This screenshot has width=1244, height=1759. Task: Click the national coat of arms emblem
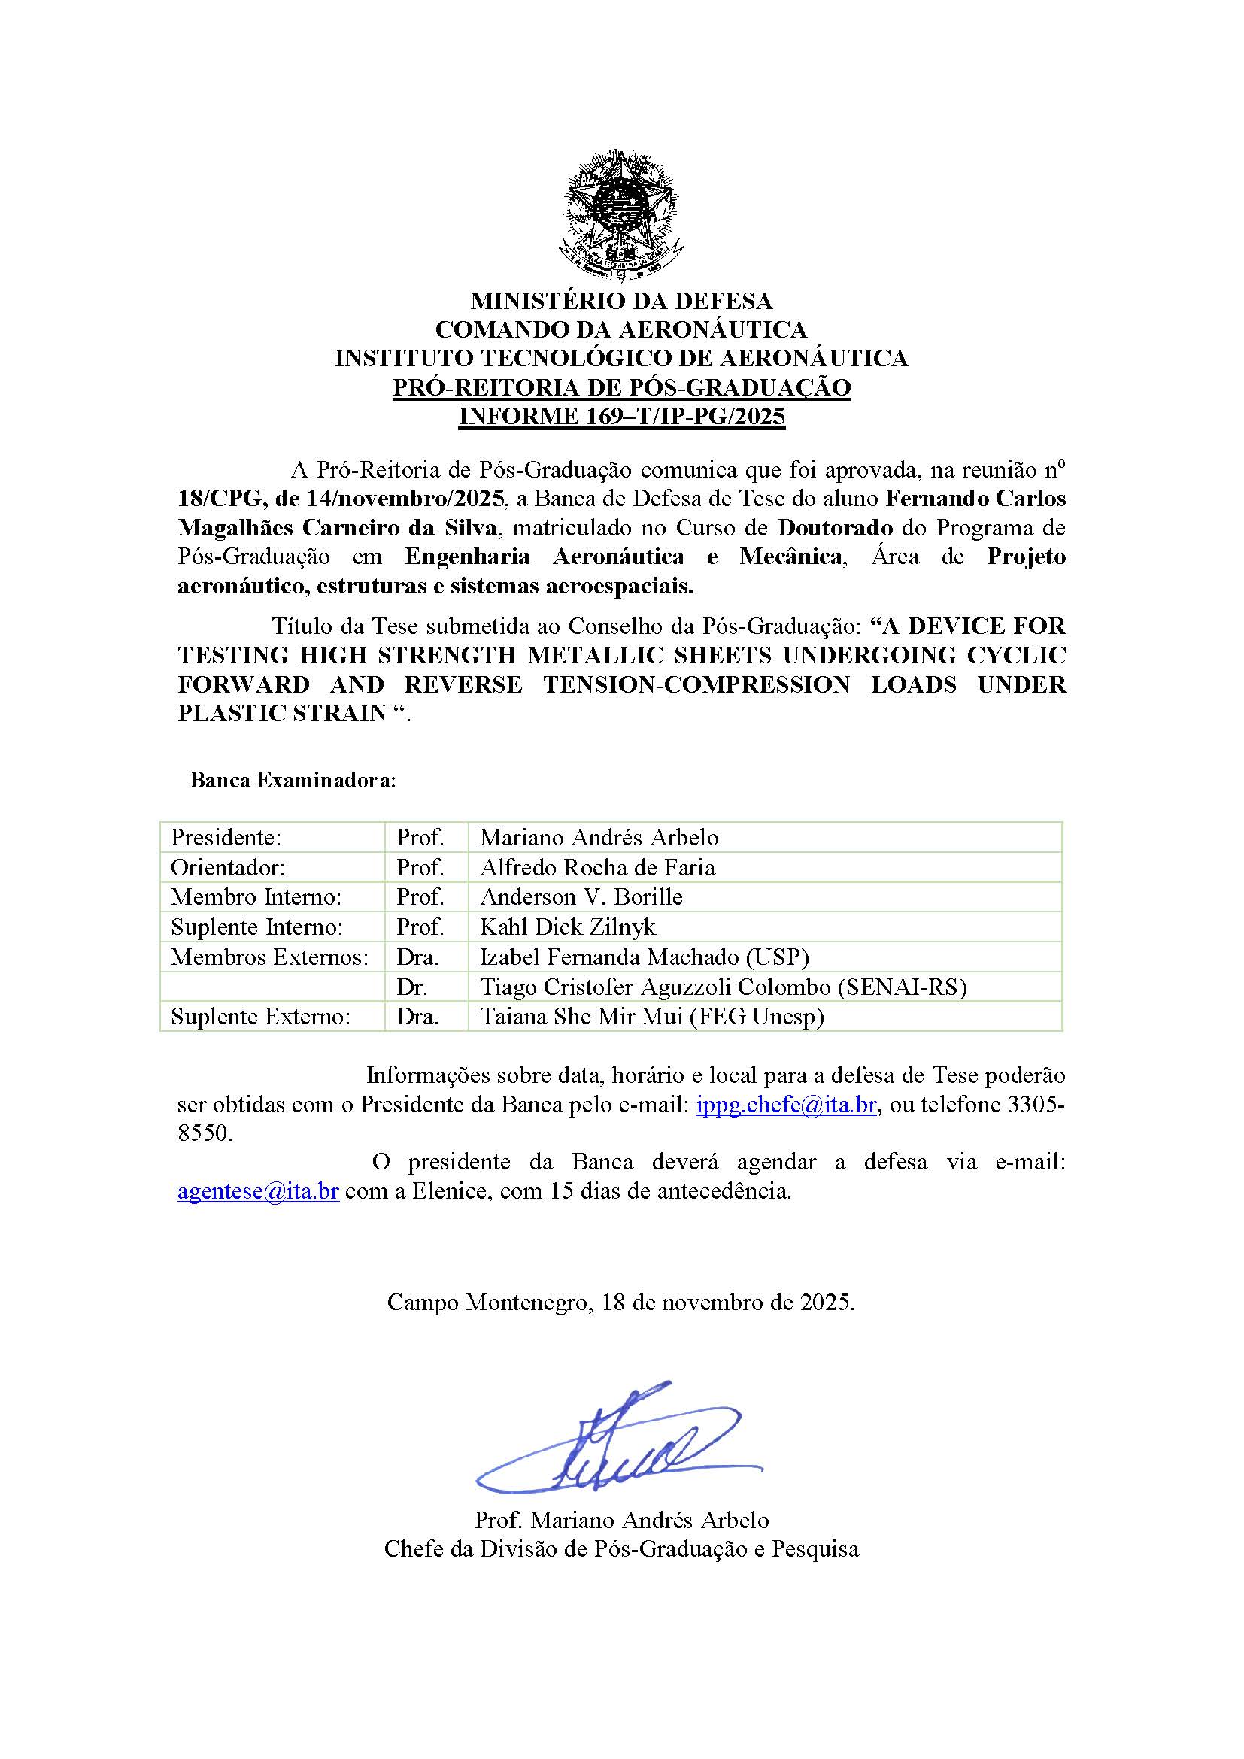click(x=621, y=214)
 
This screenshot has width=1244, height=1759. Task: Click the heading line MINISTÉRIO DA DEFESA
click(x=621, y=300)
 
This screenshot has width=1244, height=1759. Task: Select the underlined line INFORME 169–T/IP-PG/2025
click(x=621, y=417)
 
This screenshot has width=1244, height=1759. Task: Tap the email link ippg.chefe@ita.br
click(x=786, y=1105)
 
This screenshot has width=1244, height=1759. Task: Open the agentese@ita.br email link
click(x=258, y=1192)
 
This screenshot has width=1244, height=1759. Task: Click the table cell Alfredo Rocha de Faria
click(x=597, y=867)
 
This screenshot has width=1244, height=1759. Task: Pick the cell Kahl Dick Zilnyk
click(x=568, y=927)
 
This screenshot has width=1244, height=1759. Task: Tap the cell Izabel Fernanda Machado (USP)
click(x=645, y=957)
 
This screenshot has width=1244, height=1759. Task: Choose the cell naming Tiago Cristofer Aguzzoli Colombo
click(x=723, y=987)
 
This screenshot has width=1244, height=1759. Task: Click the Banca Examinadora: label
click(x=293, y=781)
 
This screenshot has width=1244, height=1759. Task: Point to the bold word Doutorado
click(x=836, y=528)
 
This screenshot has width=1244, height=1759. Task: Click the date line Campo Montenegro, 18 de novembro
click(x=620, y=1302)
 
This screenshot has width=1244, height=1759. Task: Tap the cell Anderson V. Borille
click(x=581, y=896)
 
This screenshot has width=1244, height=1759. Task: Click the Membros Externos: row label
click(x=270, y=957)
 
